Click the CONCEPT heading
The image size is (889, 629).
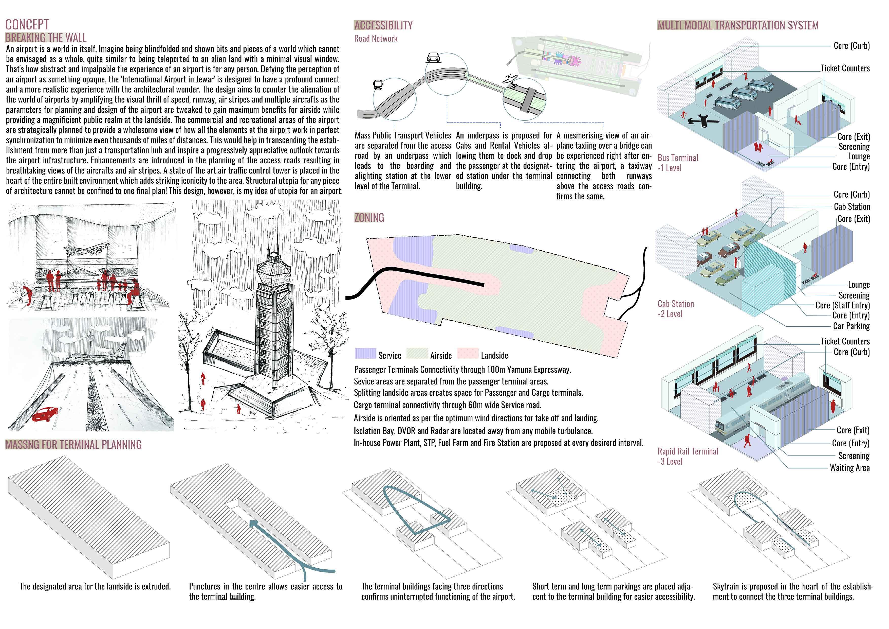[27, 25]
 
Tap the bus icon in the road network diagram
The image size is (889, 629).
[378, 84]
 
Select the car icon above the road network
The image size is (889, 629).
[433, 58]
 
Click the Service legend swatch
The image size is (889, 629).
[365, 354]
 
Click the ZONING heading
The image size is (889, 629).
[369, 218]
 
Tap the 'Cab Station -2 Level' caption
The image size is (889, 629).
[676, 309]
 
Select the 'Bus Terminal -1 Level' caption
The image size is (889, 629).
[678, 163]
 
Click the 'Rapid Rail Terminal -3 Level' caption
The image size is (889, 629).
[688, 456]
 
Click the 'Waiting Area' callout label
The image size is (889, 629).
[849, 468]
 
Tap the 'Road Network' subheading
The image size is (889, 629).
[376, 38]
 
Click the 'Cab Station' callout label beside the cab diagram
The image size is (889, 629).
[851, 206]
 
